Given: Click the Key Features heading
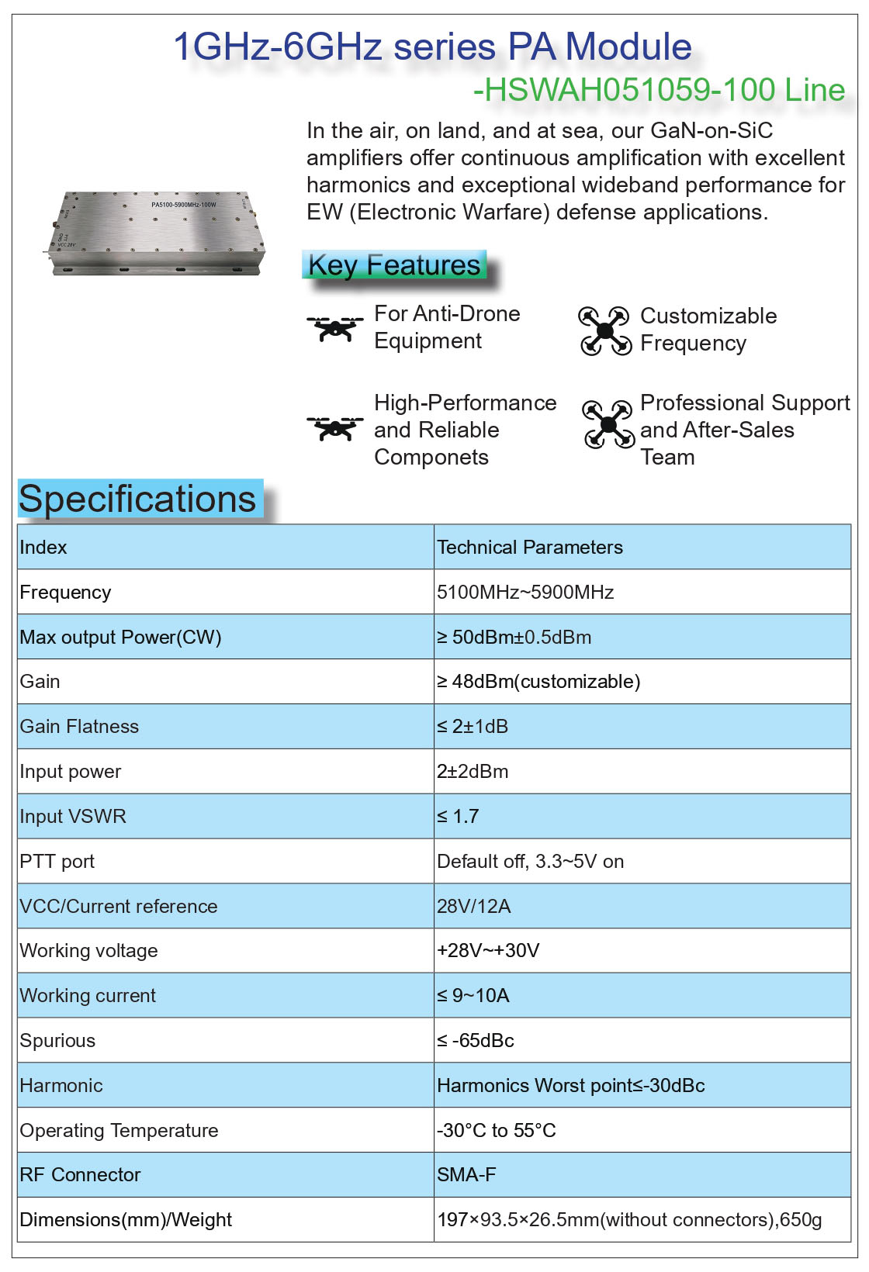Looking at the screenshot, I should coord(394,265).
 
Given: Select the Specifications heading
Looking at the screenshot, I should coord(137,499).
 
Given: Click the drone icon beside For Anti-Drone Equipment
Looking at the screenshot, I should coord(334,328).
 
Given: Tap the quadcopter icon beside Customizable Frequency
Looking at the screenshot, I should coord(604,330).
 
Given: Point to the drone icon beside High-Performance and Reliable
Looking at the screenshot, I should coord(334,428).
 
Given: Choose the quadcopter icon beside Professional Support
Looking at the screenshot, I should coord(608,424).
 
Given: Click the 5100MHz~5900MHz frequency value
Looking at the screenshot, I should coord(525,593).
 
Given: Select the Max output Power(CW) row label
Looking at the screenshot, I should coord(121,638).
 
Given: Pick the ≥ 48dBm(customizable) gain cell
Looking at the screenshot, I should coord(538,682).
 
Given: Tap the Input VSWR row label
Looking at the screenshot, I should coord(73,817).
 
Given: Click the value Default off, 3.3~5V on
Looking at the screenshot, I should coord(530,862).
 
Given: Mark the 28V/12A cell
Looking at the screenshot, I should coord(473,907).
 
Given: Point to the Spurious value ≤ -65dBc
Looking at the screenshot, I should coord(476,1041).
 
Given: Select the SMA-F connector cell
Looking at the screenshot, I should coord(466,1175).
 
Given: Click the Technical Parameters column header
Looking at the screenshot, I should coord(530,548).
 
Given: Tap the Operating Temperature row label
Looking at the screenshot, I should coord(119,1131).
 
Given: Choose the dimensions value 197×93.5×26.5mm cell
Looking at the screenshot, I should coord(629,1220).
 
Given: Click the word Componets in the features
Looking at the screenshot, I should coord(431,458).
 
